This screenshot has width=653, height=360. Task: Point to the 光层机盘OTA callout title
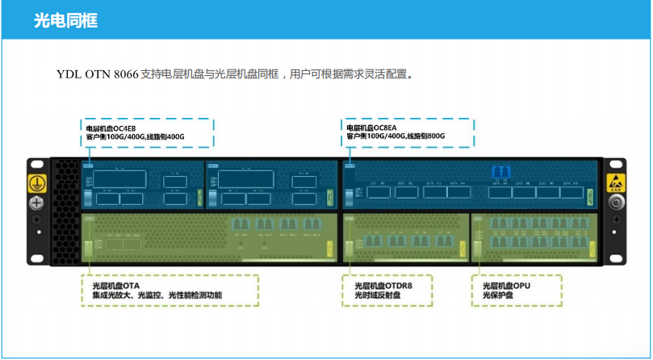tap(111, 286)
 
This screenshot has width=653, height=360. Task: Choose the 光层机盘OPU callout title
tap(506, 286)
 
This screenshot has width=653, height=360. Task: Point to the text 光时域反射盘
tap(377, 295)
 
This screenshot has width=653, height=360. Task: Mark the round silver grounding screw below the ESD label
tap(616, 202)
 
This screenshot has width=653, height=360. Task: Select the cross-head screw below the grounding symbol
tap(36, 203)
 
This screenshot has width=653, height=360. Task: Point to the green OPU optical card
tap(534, 238)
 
